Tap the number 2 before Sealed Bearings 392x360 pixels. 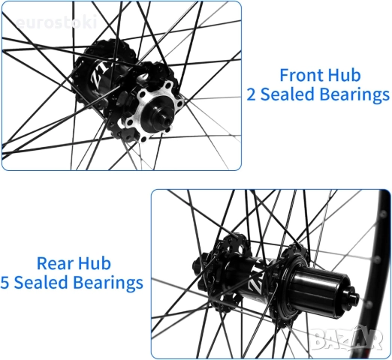coord(252,95)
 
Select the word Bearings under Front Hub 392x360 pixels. coord(354,96)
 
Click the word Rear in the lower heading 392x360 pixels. coord(55,263)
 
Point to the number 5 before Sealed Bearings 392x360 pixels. coord(5,283)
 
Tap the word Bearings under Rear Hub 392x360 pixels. coord(108,283)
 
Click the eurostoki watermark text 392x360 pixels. coord(56,22)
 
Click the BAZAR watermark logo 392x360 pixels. coord(346,338)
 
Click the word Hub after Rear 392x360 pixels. coord(95,263)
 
